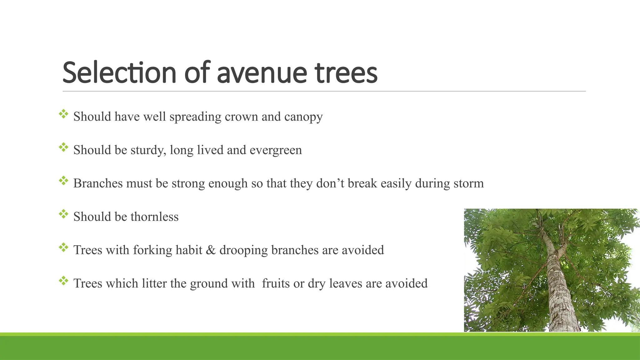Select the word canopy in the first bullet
(x=303, y=117)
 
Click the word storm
(x=468, y=183)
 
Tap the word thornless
(x=154, y=217)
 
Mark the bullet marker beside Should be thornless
(x=63, y=214)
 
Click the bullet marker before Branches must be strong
(x=63, y=181)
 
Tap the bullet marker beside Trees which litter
(x=63, y=281)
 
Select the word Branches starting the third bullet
(x=98, y=183)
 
